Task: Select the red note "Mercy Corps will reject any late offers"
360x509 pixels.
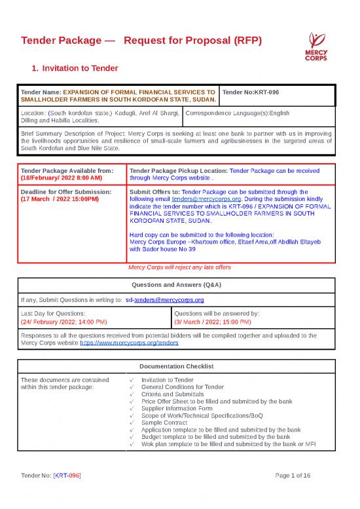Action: (x=179, y=267)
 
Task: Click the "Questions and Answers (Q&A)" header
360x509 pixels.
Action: (x=179, y=286)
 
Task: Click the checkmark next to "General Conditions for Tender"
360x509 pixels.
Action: (x=132, y=386)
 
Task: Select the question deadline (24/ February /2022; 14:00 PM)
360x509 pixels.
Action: (x=65, y=322)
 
